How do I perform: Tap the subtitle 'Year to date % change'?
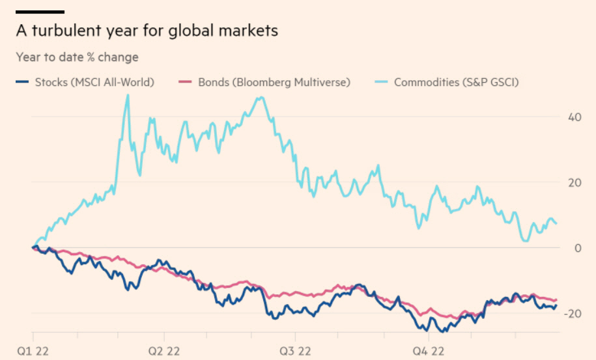[x=77, y=57]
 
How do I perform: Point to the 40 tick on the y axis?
[x=574, y=118]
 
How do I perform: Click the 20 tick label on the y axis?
[x=574, y=183]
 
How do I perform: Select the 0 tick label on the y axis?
[x=577, y=248]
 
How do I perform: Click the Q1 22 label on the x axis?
[x=31, y=350]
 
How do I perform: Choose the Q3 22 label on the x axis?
[x=294, y=350]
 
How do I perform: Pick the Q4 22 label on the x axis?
[x=427, y=350]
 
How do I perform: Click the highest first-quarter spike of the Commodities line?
[x=128, y=96]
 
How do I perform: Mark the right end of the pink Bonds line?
[x=557, y=299]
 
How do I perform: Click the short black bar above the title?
[x=40, y=12]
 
